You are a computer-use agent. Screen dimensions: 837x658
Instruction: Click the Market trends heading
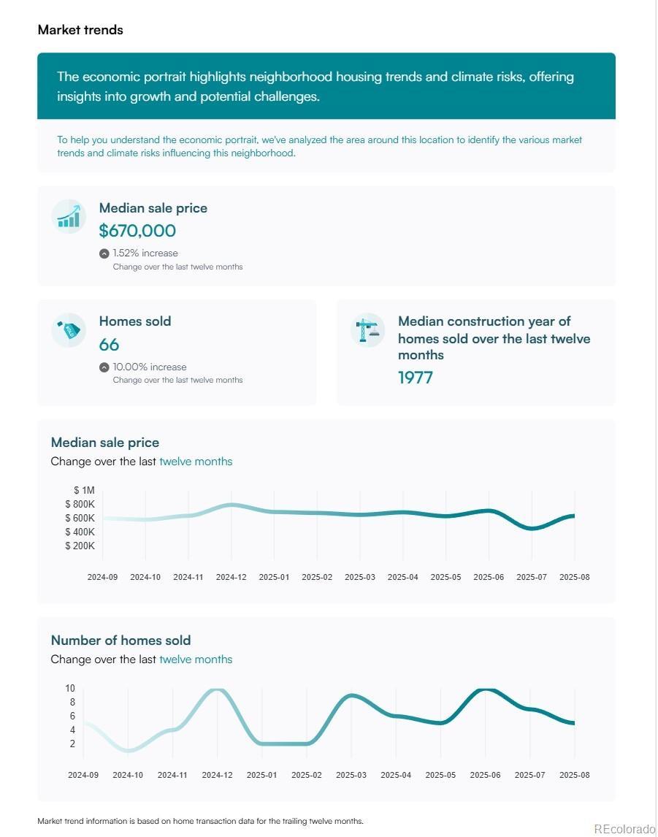coord(80,30)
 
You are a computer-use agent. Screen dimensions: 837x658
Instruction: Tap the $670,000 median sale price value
coord(137,231)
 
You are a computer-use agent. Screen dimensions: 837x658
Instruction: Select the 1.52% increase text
coord(145,253)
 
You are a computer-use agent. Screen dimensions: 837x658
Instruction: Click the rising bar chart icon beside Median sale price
coord(69,216)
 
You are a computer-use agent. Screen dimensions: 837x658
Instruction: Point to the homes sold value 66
coord(109,345)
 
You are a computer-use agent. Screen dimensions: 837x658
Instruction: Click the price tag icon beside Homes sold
coord(69,330)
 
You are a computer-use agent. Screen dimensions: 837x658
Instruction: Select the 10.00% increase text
coord(149,367)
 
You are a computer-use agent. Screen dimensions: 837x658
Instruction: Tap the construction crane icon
coord(367,330)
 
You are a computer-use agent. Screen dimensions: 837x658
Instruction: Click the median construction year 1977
coord(416,378)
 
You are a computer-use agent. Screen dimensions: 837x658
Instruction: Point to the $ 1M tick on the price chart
coord(84,490)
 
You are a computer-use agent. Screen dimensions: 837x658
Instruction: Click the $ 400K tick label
coord(80,532)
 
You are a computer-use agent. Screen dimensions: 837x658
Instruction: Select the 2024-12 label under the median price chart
coord(231,577)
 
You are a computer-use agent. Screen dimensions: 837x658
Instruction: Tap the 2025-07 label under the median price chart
coord(532,577)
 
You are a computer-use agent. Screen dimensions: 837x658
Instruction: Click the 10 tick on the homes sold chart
coord(70,688)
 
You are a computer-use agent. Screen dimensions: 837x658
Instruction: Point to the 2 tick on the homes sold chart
coord(72,744)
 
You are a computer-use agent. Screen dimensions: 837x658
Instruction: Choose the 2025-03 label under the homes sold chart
coord(351,775)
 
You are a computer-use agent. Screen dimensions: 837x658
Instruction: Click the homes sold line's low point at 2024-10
coord(129,750)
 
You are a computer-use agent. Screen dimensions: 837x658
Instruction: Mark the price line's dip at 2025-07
coord(532,528)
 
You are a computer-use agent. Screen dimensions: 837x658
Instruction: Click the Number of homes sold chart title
coord(120,641)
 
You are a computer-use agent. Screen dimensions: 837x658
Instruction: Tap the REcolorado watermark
coord(624,828)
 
